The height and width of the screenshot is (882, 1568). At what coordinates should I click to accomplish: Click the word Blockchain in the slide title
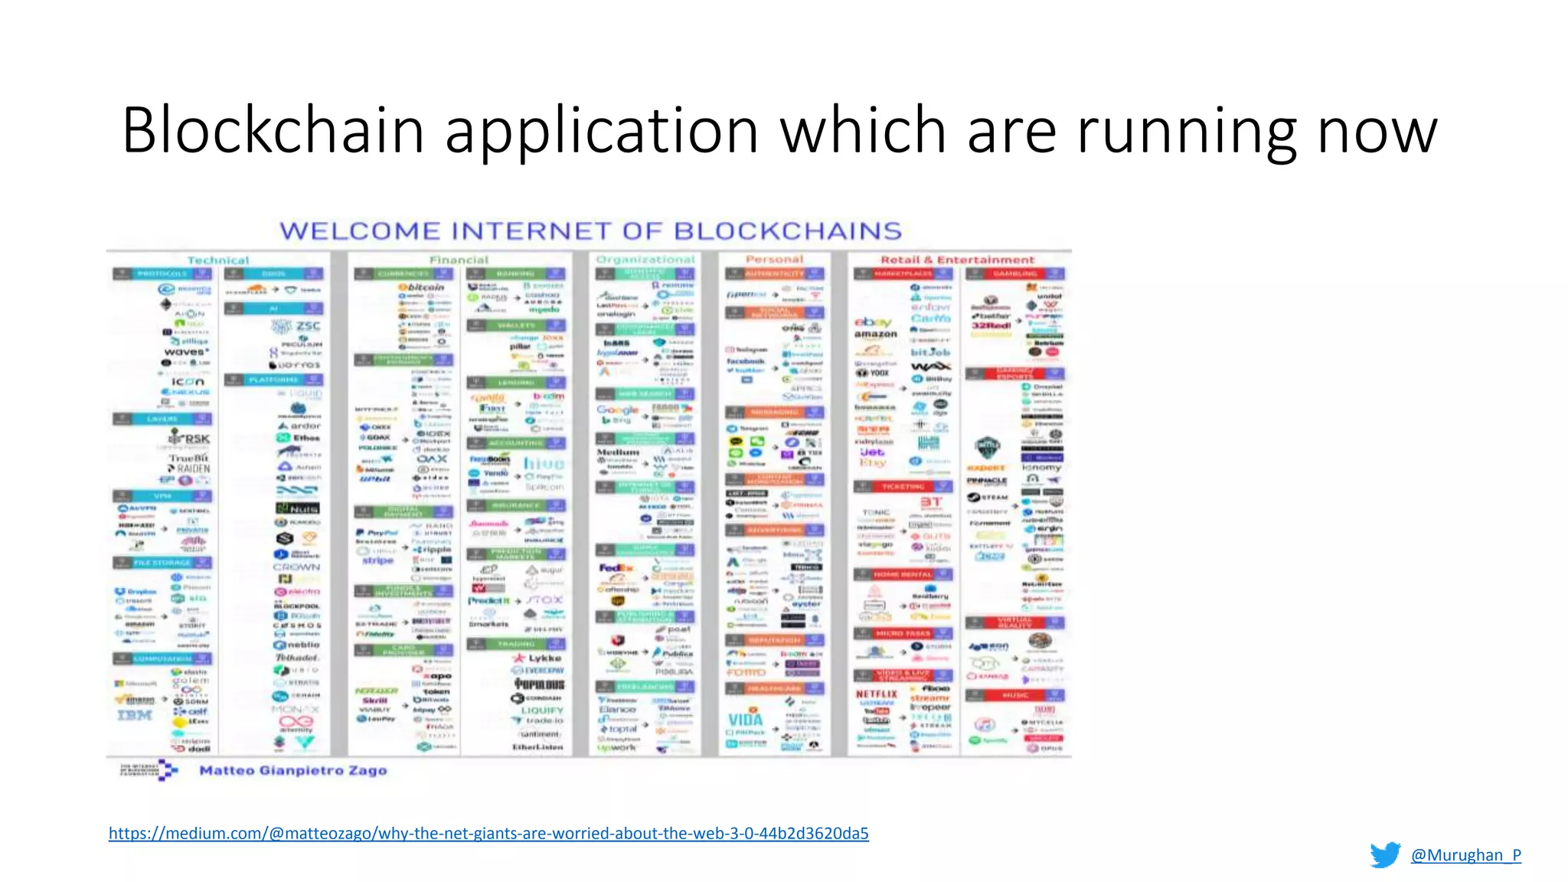coord(273,130)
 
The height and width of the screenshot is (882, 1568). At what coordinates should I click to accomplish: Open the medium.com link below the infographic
coord(488,833)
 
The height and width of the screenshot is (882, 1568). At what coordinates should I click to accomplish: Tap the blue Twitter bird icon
coord(1385,854)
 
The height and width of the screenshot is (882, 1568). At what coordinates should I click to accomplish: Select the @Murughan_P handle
coord(1465,855)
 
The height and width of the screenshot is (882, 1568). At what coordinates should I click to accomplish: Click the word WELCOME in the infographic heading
coord(359,230)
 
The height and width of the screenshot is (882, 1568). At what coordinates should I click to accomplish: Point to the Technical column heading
coord(218,260)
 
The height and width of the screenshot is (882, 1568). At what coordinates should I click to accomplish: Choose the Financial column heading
coord(459,260)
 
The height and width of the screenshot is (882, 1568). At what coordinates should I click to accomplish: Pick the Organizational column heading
coord(645,260)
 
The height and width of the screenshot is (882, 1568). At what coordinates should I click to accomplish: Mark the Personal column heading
coord(774,260)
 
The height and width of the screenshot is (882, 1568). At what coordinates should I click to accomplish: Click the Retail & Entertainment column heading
coord(957,260)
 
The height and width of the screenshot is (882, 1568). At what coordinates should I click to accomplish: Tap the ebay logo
coord(874,322)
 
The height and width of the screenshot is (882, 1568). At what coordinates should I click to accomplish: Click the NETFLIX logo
coord(876,694)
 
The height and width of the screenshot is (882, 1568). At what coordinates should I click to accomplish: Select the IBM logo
coord(135,714)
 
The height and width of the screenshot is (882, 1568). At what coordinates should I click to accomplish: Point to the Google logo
coord(617,410)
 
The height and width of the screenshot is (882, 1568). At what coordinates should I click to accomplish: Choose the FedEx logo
coord(616,568)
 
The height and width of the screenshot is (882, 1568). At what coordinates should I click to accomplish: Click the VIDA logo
coord(745,719)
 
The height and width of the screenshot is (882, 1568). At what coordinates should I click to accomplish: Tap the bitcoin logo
coord(421,287)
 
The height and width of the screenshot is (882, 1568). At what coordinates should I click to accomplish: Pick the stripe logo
coord(377,560)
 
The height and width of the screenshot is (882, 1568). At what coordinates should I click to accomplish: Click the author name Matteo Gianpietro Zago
coord(293,770)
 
